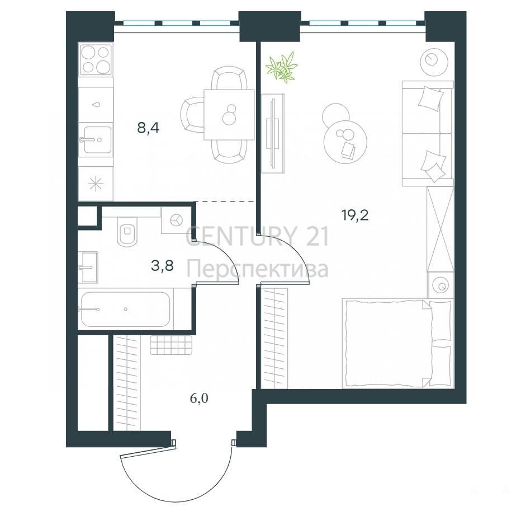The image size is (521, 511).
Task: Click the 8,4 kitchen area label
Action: tap(148, 127)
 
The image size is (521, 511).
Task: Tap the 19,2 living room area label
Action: tap(355, 215)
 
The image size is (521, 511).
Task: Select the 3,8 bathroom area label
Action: tap(162, 266)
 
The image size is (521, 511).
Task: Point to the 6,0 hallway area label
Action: tap(199, 398)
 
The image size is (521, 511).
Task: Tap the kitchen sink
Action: tap(96, 139)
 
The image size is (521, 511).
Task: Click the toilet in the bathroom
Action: tap(127, 231)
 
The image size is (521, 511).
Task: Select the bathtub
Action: tap(126, 310)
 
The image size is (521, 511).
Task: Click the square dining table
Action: tap(229, 114)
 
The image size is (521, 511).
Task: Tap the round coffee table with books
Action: tap(345, 140)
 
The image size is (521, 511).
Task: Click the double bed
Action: tap(397, 343)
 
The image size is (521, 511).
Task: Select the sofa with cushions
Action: tap(428, 133)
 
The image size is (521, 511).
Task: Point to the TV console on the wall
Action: tap(272, 133)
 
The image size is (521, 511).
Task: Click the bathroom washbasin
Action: tap(88, 267)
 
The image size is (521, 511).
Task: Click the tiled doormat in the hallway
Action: tap(171, 345)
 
